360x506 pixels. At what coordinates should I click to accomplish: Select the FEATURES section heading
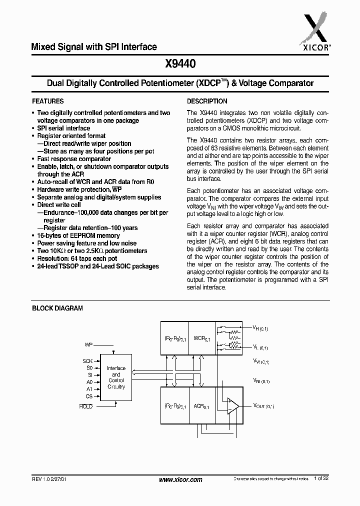[48, 101]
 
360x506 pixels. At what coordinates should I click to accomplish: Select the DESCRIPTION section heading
[207, 101]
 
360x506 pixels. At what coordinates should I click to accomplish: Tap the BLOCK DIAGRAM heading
[57, 308]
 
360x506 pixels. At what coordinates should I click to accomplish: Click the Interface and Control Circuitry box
[116, 377]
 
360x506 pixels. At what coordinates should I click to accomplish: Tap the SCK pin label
[87, 360]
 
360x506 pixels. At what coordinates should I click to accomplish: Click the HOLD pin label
[86, 406]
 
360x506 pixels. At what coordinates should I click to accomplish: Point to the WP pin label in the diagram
[88, 344]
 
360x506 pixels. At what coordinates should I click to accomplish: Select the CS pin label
[89, 396]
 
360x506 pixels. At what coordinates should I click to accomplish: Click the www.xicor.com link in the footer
[180, 479]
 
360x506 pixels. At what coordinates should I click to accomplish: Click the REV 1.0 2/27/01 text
[52, 479]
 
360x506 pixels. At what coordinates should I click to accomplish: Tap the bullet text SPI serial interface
[63, 128]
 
